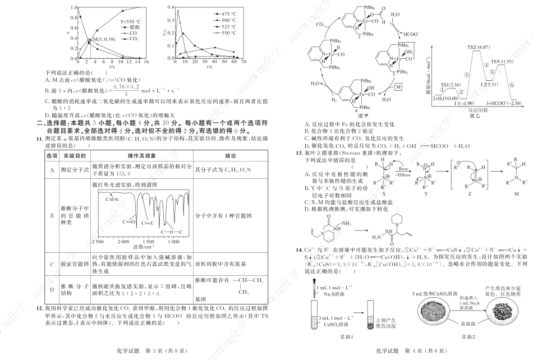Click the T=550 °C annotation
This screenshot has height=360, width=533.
point(131,21)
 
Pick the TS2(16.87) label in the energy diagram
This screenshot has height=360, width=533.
point(478,48)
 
